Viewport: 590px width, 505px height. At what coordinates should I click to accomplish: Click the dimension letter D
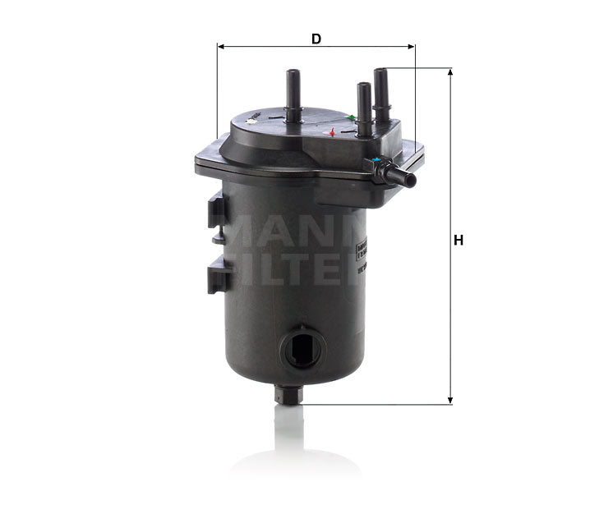[x=316, y=38]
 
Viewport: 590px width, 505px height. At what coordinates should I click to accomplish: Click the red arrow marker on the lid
[x=332, y=131]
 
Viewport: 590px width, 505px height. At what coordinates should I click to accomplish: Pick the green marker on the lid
[x=351, y=117]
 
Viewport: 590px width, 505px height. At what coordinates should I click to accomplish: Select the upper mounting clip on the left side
[x=217, y=211]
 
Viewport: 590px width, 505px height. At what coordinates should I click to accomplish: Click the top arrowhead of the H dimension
[x=450, y=72]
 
